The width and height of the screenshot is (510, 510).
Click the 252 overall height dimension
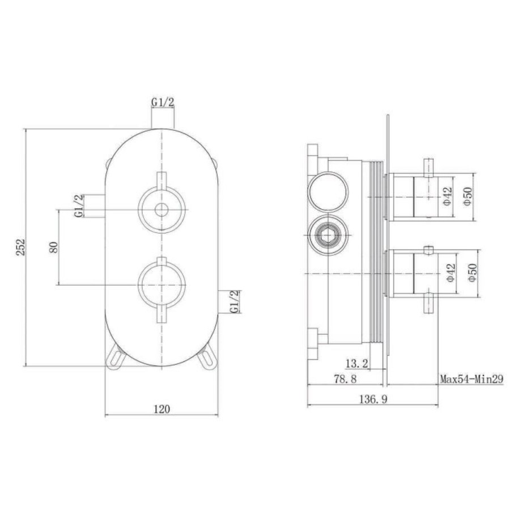pyautogui.click(x=20, y=247)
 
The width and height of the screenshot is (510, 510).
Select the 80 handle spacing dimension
pyautogui.click(x=53, y=247)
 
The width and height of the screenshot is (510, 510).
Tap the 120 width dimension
pyautogui.click(x=161, y=409)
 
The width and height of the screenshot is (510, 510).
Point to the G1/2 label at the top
pyautogui.click(x=163, y=102)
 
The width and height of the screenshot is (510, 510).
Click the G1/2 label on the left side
pyautogui.click(x=79, y=206)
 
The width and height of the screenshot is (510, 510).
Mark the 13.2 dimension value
pyautogui.click(x=356, y=363)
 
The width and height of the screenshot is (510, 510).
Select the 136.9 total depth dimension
pyautogui.click(x=372, y=399)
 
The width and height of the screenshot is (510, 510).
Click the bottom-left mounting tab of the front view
pyautogui.click(x=116, y=358)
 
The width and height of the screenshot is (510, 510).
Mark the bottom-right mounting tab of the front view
pyautogui.click(x=209, y=358)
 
